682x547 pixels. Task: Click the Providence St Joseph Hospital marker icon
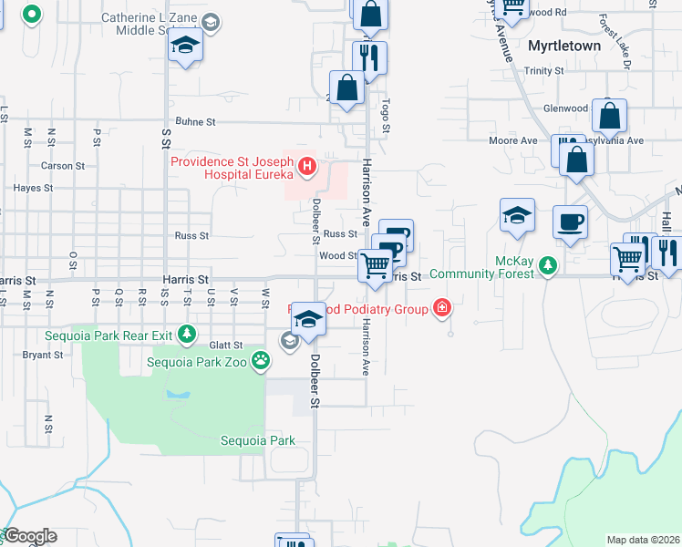tap(307, 167)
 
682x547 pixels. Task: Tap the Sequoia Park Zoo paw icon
tap(262, 360)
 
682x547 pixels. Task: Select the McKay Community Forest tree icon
tap(547, 265)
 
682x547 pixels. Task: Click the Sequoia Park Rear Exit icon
tap(187, 335)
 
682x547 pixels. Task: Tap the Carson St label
tap(63, 166)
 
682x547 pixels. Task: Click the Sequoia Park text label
tap(258, 440)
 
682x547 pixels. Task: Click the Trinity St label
tap(544, 70)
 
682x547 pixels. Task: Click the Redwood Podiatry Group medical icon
tap(442, 308)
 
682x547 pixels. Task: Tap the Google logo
tap(29, 536)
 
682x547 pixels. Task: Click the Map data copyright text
tap(643, 540)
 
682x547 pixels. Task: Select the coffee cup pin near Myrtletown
tap(570, 222)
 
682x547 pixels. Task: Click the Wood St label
tap(337, 256)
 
